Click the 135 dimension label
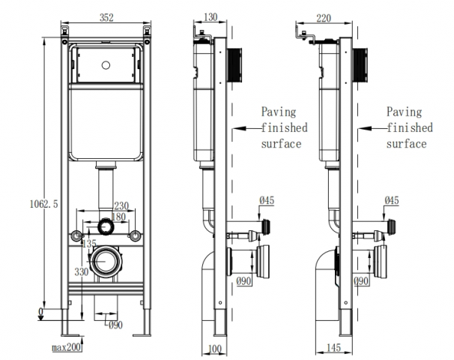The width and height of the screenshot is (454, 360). point(89,244)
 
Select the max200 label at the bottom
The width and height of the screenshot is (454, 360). point(67,348)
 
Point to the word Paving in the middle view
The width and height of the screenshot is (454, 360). point(278,112)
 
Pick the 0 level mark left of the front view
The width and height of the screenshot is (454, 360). point(41,311)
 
